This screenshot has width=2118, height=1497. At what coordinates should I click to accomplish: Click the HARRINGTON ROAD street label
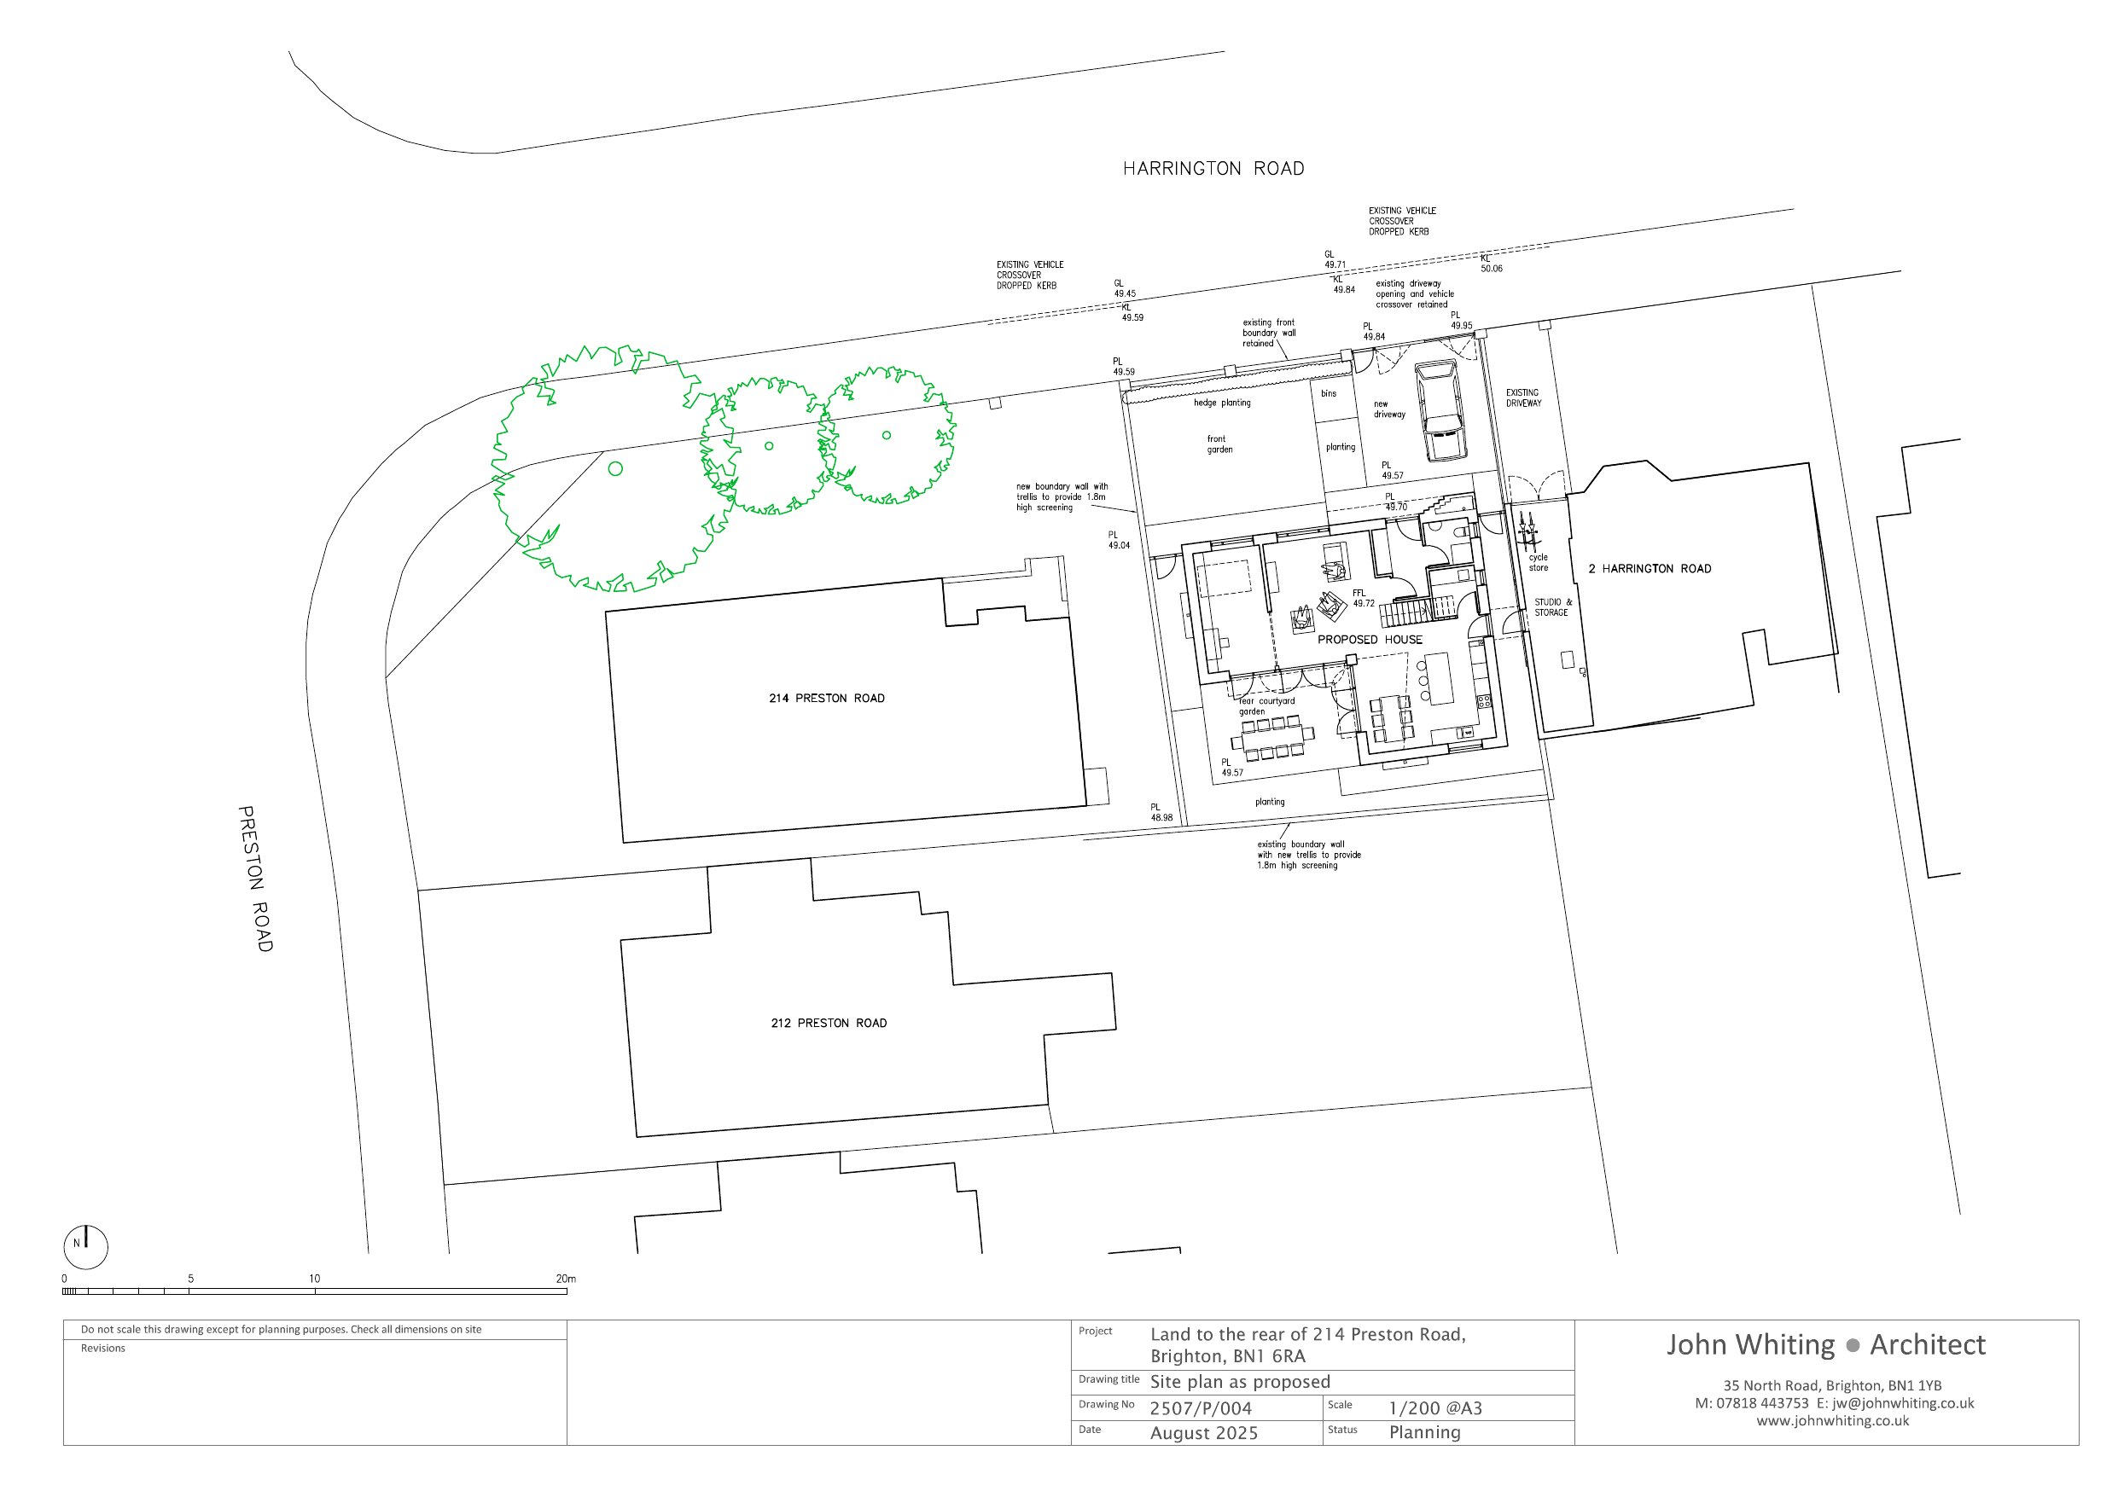[1213, 169]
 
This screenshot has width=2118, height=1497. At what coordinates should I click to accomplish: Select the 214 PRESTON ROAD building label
[827, 699]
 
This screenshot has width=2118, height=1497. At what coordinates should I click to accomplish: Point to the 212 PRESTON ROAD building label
[829, 1023]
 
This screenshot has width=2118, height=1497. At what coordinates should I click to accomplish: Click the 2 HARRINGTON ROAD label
[1650, 569]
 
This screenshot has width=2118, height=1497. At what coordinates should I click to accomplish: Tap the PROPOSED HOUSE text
[1369, 639]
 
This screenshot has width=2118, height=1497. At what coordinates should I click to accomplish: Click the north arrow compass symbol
[86, 1248]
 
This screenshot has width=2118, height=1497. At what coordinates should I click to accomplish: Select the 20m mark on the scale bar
[566, 1279]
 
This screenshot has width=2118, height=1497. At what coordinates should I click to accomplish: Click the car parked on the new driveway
[1440, 410]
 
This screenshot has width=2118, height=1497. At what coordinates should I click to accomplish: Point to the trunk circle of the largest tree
[615, 468]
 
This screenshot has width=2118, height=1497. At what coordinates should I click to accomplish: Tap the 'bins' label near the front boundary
[1329, 394]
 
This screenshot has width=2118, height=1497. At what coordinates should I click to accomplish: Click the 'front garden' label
[1219, 444]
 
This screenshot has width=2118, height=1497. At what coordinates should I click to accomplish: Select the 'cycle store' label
[1538, 563]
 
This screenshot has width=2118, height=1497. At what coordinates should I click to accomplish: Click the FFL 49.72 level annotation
[1364, 599]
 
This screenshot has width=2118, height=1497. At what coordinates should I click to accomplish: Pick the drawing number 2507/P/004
[1200, 1408]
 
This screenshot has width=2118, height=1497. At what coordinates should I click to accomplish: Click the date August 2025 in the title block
[1204, 1433]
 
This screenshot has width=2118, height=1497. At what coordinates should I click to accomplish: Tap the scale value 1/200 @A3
[1435, 1408]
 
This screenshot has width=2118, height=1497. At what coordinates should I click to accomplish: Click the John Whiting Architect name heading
[1825, 1345]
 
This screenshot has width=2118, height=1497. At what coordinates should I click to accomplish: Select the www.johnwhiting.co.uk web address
[1832, 1421]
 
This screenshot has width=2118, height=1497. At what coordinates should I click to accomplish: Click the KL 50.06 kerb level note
[1491, 264]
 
